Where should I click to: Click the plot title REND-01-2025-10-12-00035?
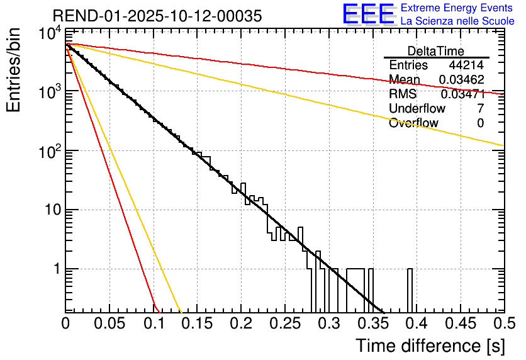pos(157,16)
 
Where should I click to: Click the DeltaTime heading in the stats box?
pos(436,51)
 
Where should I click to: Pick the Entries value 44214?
pos(466,65)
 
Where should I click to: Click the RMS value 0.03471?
pos(462,94)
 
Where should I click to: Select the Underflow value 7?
pos(481,109)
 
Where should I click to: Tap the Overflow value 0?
pos(481,123)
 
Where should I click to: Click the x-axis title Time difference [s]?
pos(430,346)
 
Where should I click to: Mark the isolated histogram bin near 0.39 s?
pos(410,290)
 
